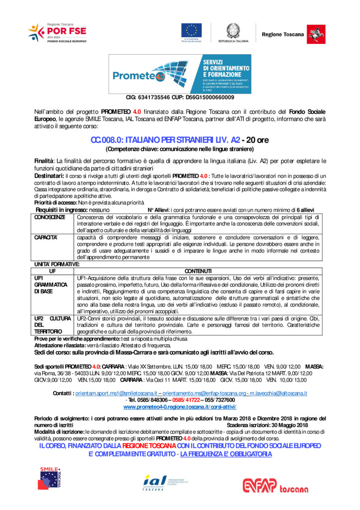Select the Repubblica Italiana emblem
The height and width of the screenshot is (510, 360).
(233, 31)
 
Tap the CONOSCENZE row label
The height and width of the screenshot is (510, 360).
(50, 217)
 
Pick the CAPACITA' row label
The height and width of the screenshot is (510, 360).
(46, 238)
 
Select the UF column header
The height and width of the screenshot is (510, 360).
(53, 269)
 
